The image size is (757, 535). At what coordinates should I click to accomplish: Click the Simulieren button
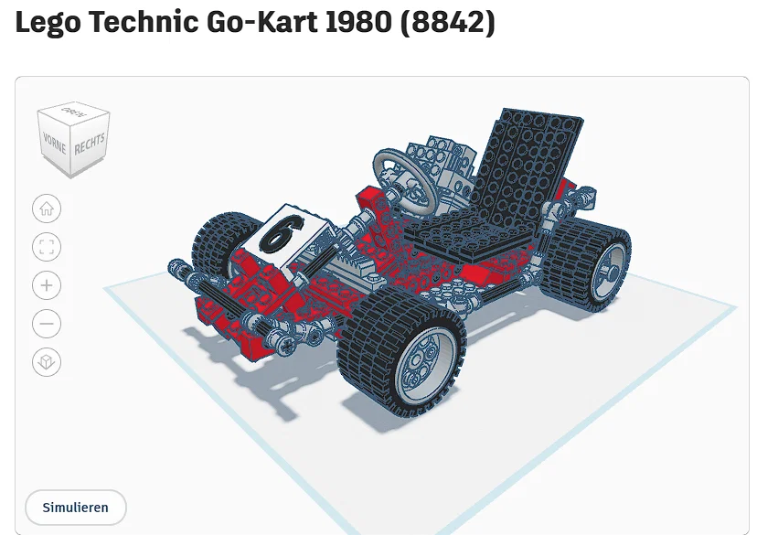75,507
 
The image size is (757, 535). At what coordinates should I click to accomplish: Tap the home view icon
47,209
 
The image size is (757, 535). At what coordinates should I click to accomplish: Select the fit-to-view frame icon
47,247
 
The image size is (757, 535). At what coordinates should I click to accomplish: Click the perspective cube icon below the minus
47,362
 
